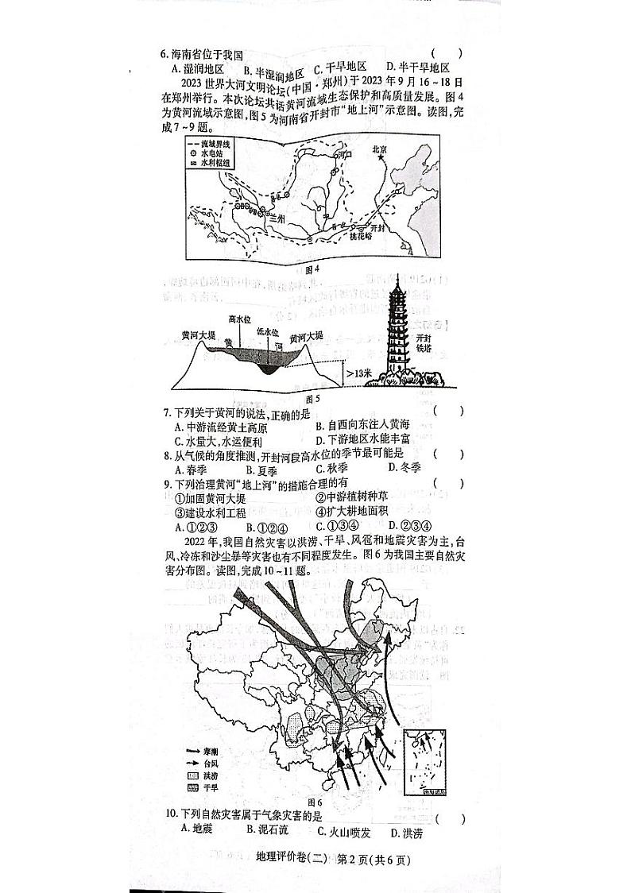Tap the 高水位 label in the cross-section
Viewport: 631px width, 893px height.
pyautogui.click(x=239, y=319)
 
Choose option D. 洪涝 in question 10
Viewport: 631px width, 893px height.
pyautogui.click(x=406, y=832)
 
